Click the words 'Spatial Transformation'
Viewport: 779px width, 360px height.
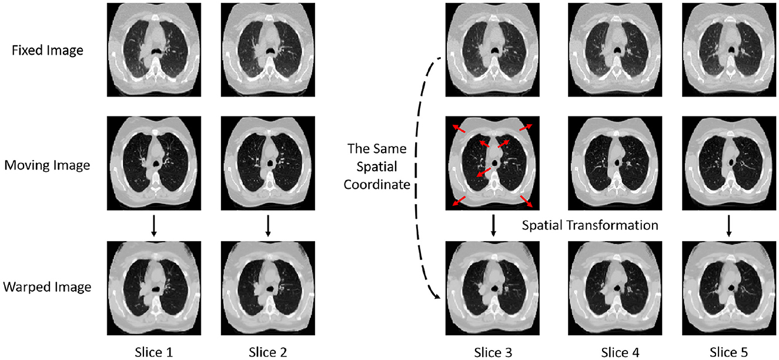point(589,225)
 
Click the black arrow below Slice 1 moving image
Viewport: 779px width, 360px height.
point(153,226)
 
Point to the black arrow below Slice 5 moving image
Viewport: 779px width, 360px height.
point(729,226)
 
